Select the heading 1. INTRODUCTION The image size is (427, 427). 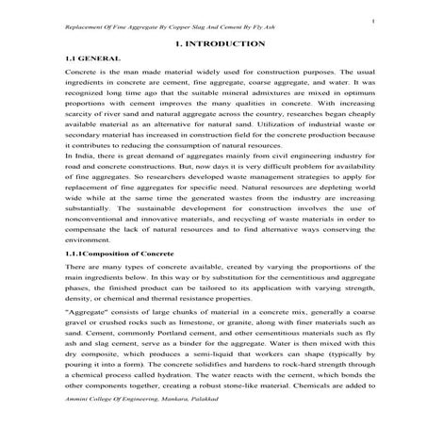point(213,44)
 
